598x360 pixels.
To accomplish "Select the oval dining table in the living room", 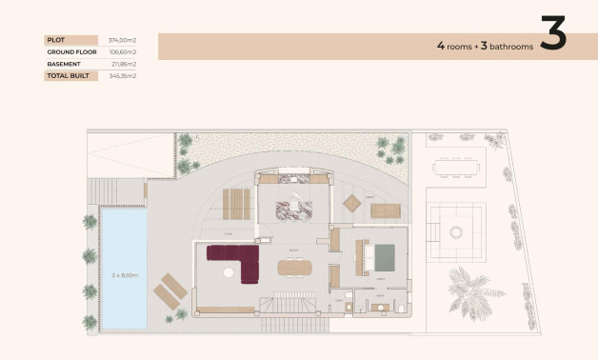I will tap(294, 268).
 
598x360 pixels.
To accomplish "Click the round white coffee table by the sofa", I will tap(228, 272).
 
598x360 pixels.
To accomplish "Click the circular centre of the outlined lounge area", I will tap(456, 231).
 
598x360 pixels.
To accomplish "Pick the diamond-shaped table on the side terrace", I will tap(352, 203).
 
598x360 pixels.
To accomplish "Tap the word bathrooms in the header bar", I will tap(508, 46).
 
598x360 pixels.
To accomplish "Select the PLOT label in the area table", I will tap(55, 39).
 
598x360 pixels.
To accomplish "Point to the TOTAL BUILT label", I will tap(68, 74).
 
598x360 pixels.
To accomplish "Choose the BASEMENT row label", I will tap(63, 63).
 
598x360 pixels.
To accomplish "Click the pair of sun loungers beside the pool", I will tap(169, 290).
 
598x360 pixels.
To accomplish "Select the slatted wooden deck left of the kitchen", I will tap(236, 203).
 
